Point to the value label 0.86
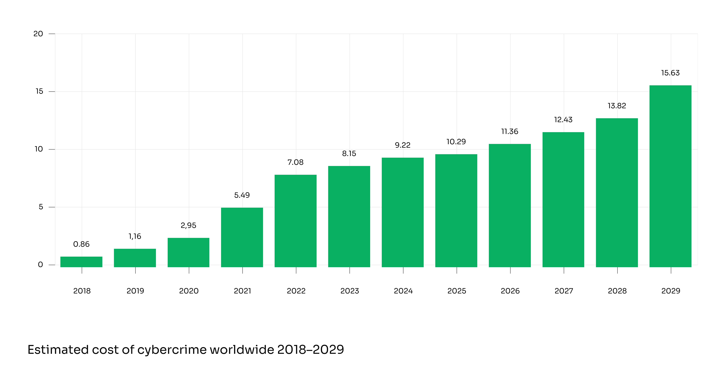(x=81, y=244)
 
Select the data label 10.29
(x=456, y=142)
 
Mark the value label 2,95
(x=188, y=225)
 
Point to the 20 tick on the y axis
(x=38, y=34)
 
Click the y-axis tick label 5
(x=41, y=207)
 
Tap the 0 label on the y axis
(x=40, y=265)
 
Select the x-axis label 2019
(x=135, y=291)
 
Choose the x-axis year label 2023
(x=350, y=291)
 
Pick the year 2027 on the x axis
(x=564, y=291)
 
